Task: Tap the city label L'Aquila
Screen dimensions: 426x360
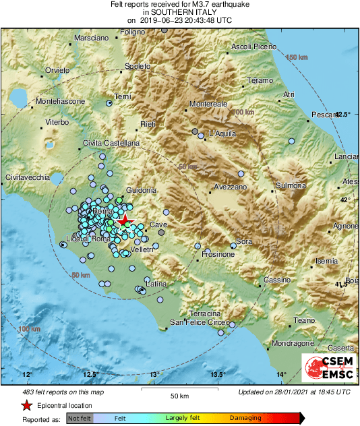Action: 222,133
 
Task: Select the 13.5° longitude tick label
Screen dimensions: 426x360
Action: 218,375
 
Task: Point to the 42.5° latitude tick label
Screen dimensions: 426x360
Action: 343,115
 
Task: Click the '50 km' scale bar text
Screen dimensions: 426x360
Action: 179,395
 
